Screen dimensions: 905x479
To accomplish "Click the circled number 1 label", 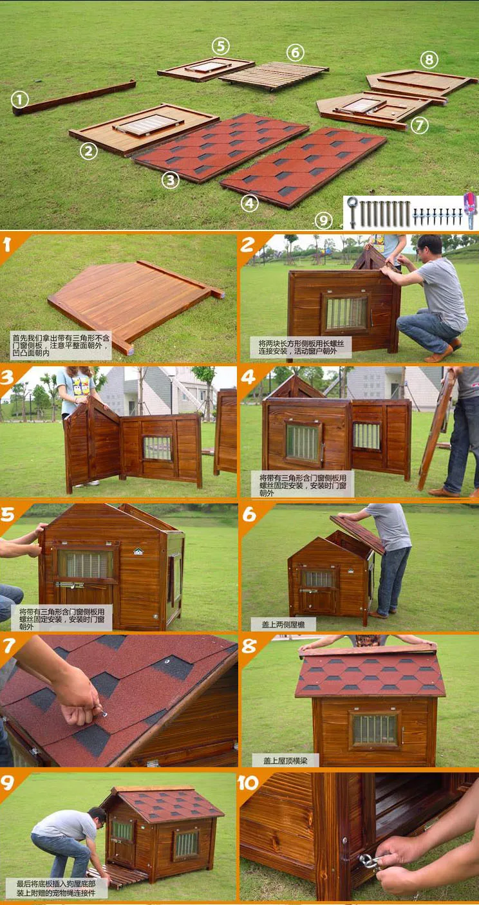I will tap(20, 99).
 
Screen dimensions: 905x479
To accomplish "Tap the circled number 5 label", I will tap(220, 46).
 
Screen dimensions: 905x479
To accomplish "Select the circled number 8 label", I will tap(429, 60).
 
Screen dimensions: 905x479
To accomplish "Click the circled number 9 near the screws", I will tap(323, 221).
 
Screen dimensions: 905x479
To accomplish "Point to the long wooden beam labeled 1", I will tap(74, 97).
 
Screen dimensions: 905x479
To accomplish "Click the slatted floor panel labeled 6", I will tap(274, 75).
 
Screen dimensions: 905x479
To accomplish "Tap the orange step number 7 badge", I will tap(9, 646).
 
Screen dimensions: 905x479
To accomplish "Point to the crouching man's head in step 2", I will tap(429, 246).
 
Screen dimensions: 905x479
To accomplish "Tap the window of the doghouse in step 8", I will tap(374, 729).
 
